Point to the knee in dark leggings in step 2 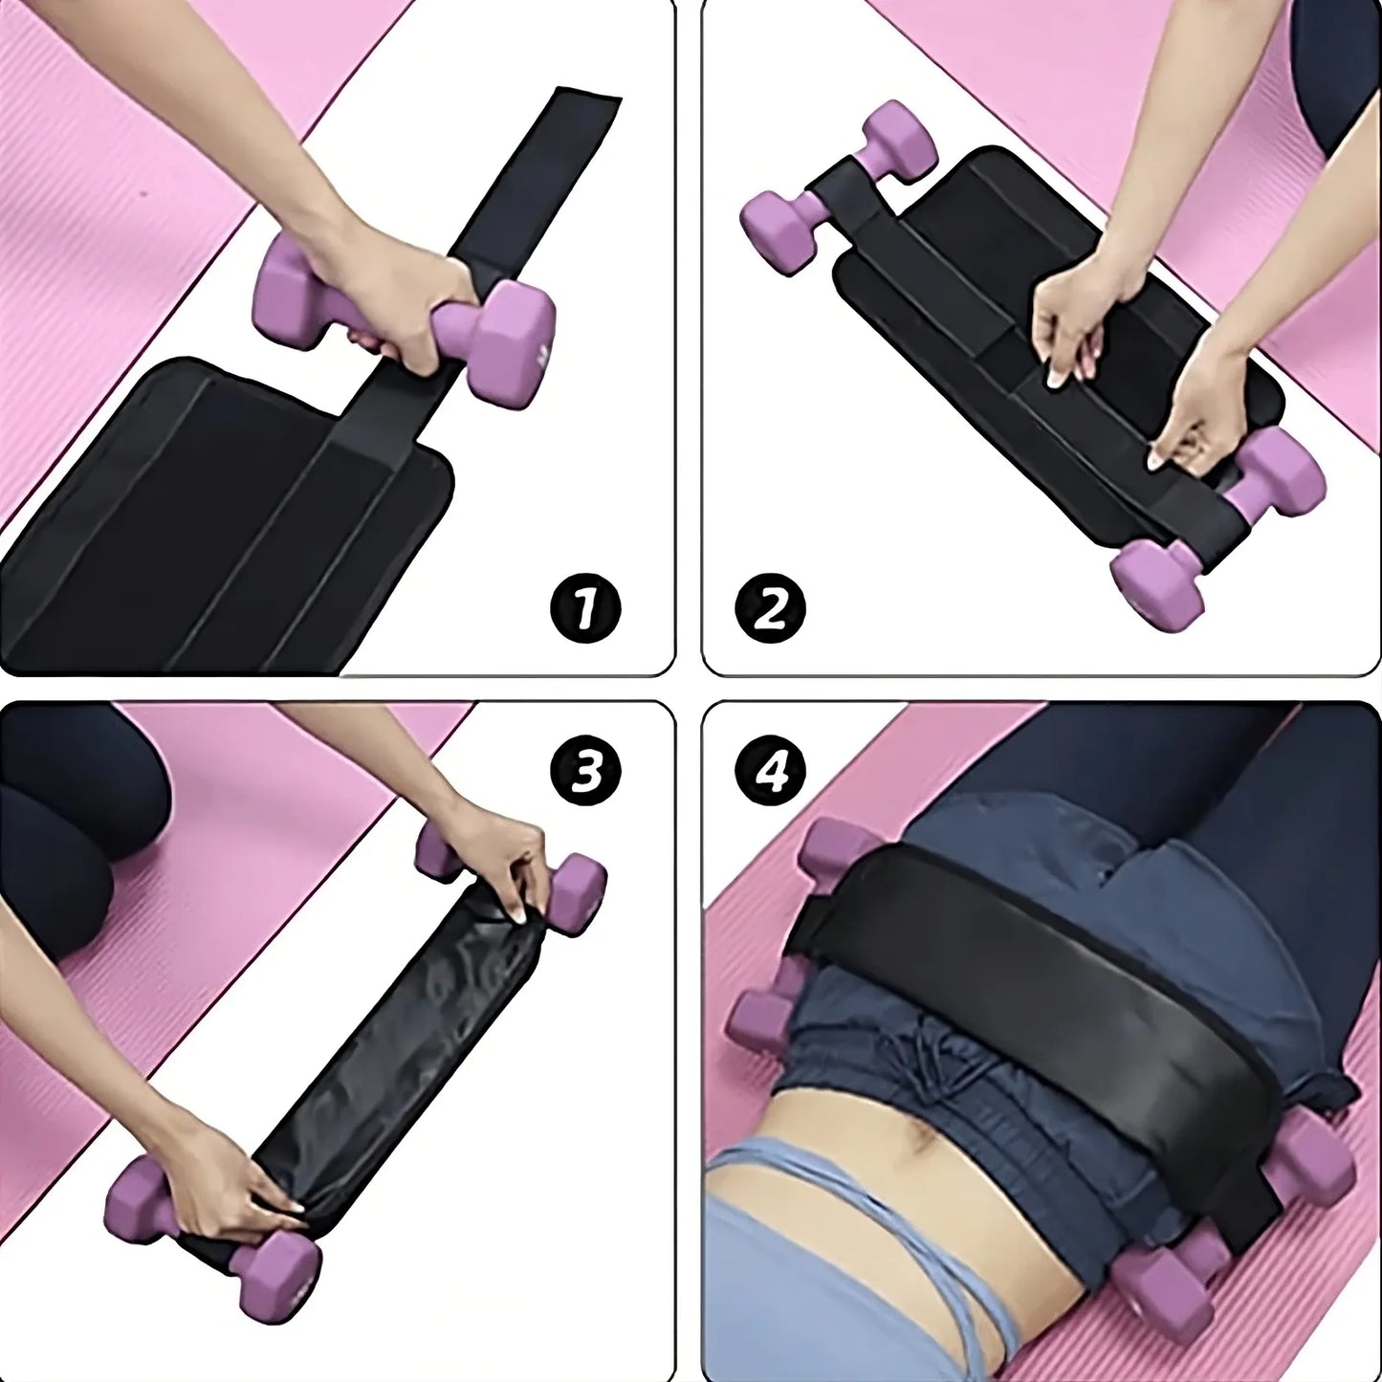[x=1339, y=77]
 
